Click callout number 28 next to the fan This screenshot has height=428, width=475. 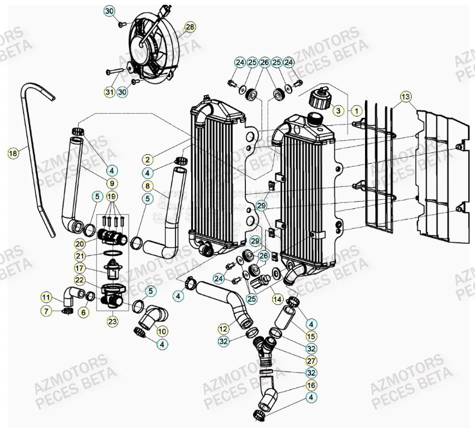(x=190, y=28)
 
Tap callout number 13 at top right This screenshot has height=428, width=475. (x=405, y=97)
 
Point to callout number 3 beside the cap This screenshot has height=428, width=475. (x=339, y=111)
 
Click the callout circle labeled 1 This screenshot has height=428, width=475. (x=357, y=111)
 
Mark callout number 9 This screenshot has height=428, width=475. (x=112, y=182)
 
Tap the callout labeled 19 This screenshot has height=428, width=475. (x=112, y=196)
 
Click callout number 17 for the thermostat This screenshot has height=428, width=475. (x=96, y=268)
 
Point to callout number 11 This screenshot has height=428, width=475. (x=46, y=296)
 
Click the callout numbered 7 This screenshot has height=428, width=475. (x=46, y=311)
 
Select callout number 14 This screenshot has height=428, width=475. (x=277, y=299)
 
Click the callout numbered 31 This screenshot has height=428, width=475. (x=108, y=92)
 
